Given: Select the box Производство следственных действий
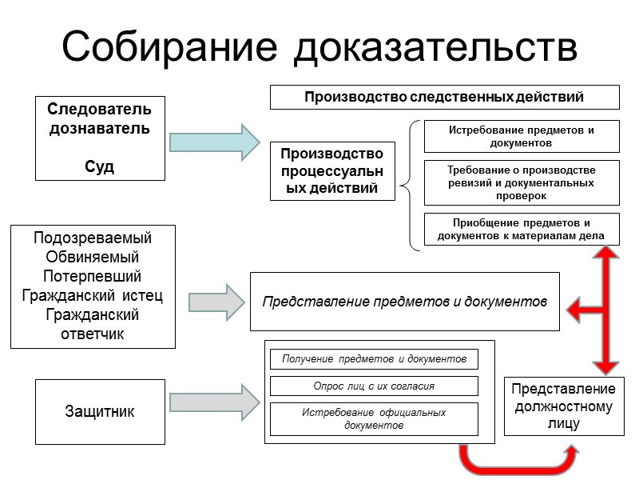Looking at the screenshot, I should pyautogui.click(x=445, y=97).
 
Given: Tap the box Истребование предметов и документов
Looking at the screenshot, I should pyautogui.click(x=522, y=136).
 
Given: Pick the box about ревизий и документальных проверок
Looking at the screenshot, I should pyautogui.click(x=522, y=182).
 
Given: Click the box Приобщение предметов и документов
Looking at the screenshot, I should pyautogui.click(x=522, y=230).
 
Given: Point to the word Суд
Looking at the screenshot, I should pyautogui.click(x=99, y=166).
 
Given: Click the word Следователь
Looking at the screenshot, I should pyautogui.click(x=99, y=110).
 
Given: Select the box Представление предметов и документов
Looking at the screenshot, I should pyautogui.click(x=405, y=302).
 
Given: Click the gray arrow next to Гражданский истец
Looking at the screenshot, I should pyautogui.click(x=216, y=302).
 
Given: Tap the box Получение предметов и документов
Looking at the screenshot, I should pyautogui.click(x=374, y=358).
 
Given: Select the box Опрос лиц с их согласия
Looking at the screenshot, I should pyautogui.click(x=374, y=386).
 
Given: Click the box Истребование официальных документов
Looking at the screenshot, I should pyautogui.click(x=374, y=418).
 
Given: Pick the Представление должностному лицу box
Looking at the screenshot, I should pyautogui.click(x=563, y=406).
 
